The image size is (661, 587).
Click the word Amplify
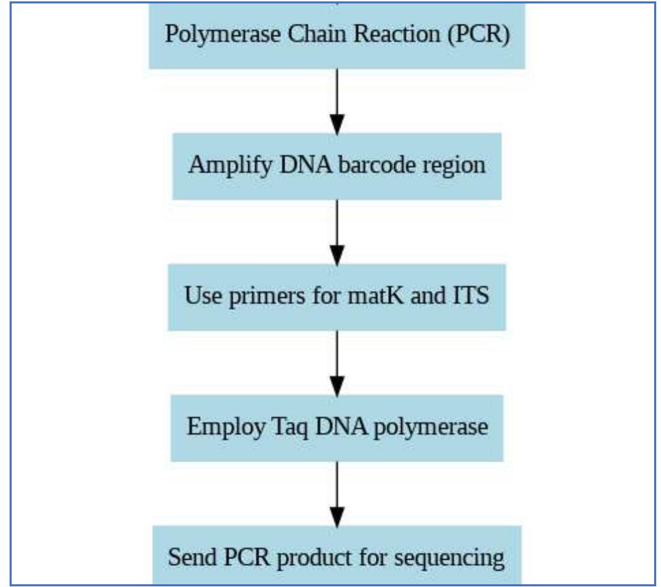(220, 166)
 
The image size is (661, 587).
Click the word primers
(258, 298)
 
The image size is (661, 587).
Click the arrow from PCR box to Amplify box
(337, 100)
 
